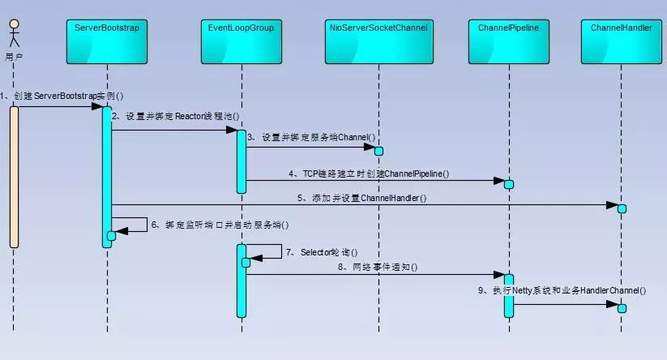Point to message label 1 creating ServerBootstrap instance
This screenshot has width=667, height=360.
62,96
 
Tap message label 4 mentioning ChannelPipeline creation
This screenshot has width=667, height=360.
369,173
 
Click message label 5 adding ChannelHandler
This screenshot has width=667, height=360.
361,197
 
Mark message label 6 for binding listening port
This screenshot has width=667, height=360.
220,225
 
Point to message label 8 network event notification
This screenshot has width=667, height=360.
378,266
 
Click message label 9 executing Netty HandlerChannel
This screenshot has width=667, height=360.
561,290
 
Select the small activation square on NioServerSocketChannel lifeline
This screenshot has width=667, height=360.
378,151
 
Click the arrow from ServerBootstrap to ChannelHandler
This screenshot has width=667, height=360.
365,205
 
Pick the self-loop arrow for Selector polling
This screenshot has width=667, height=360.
280,252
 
